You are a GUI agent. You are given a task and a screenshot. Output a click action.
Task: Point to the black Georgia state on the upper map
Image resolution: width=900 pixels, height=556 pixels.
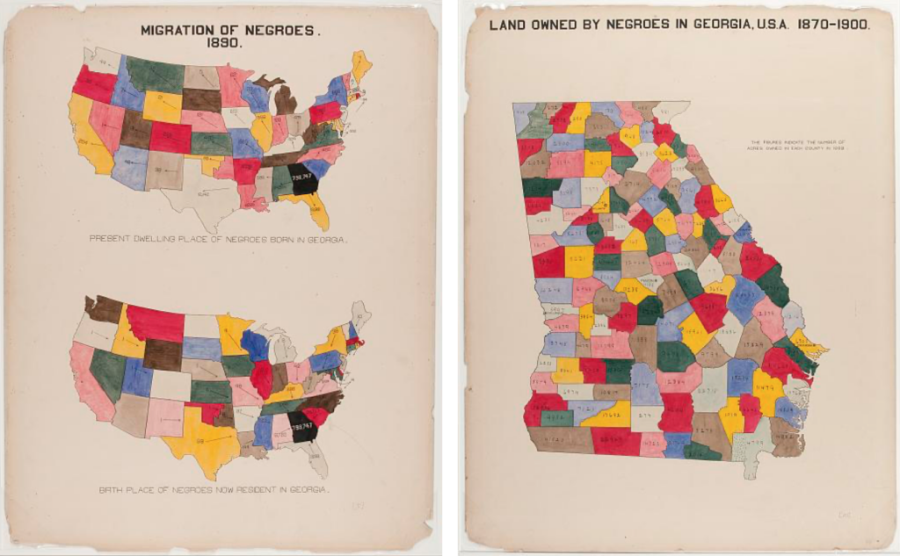[304, 178]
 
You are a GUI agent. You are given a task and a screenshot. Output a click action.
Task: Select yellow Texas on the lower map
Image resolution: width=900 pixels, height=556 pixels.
[201, 439]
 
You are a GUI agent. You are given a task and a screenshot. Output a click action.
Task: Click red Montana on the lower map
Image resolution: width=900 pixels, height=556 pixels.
[156, 323]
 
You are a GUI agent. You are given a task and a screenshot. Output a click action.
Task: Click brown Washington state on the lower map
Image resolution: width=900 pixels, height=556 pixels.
[104, 307]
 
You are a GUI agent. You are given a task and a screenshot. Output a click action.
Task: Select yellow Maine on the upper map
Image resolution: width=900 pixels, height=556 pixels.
[360, 64]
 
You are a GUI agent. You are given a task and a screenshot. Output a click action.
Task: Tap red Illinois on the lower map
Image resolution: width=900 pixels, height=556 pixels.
[262, 378]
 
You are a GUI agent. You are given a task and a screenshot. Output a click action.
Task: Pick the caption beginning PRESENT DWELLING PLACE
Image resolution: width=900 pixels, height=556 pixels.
[220, 239]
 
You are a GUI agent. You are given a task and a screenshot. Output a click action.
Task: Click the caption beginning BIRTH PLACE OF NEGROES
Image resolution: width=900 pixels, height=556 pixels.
[214, 489]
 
